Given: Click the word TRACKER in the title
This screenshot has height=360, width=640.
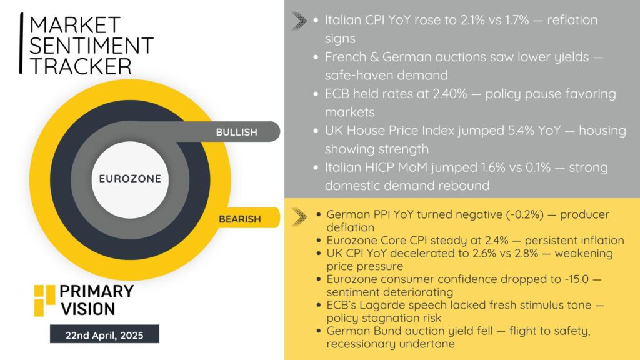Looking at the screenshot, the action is click(81, 66).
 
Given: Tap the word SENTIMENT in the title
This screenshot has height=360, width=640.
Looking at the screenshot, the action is click(91, 45).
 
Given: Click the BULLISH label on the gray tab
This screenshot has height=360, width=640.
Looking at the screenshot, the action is click(237, 132).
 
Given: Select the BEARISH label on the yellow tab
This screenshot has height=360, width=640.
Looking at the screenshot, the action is click(239, 219).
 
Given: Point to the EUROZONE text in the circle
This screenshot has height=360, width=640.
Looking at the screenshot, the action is click(130, 179).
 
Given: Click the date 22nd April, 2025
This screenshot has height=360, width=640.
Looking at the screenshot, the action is click(104, 336).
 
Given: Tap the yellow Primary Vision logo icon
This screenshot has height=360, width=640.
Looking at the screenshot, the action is click(44, 301).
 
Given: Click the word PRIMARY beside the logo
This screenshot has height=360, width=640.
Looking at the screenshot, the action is click(97, 291).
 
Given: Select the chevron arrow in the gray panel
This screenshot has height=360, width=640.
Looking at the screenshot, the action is click(299, 21).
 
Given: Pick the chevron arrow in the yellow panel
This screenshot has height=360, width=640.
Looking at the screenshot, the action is click(299, 217).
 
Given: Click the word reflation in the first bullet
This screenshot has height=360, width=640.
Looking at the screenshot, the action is click(572, 20).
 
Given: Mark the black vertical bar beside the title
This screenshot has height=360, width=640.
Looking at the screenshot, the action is click(21, 43).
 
